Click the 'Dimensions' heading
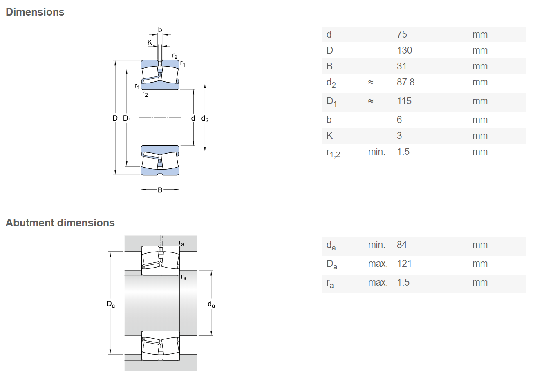35,12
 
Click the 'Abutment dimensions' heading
60,223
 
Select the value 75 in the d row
402,34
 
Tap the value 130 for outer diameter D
404,50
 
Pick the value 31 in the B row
401,66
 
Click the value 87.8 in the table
405,82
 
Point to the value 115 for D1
404,101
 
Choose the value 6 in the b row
399,120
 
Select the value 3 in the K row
399,136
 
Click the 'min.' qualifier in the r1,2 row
376,152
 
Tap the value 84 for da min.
402,245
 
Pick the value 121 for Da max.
404,264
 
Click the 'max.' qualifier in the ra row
378,282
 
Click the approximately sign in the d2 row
371,82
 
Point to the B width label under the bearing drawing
160,190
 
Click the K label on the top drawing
150,42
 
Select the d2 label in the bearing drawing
205,118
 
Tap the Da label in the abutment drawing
111,304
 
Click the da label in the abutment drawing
211,304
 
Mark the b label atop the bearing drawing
160,30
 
